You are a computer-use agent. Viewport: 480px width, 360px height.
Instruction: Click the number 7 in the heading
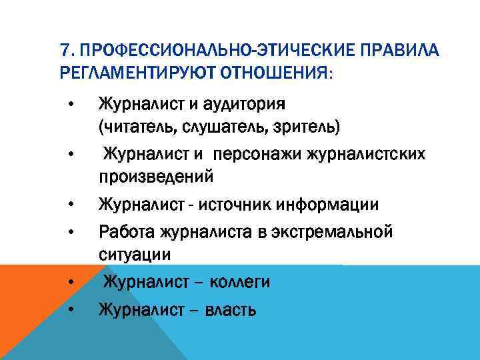click(63, 51)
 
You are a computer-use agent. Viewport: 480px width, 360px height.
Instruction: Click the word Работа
click(126, 233)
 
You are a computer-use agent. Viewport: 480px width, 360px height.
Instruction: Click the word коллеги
click(239, 283)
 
